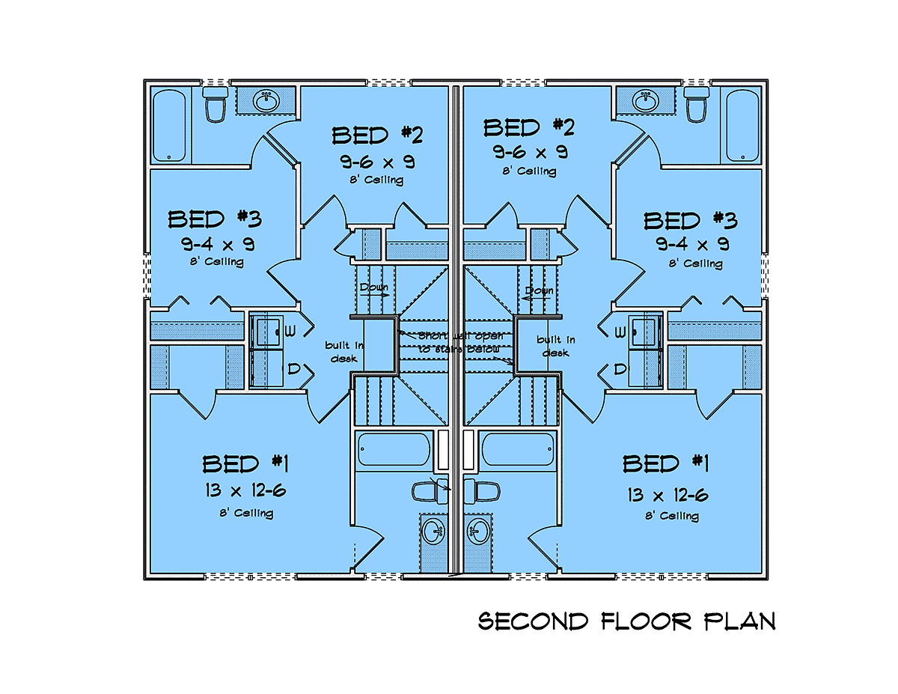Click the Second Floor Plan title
(626, 621)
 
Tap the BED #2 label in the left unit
(378, 136)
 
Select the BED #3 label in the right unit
(690, 221)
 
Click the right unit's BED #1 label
(665, 464)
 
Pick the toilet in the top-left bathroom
(216, 104)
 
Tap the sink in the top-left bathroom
(265, 100)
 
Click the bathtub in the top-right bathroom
(743, 124)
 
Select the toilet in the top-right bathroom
(697, 104)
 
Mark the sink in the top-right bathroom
(646, 100)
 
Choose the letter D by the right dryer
(620, 368)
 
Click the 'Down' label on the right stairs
(539, 290)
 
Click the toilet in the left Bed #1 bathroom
(427, 491)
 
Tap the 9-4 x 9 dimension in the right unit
(693, 244)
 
